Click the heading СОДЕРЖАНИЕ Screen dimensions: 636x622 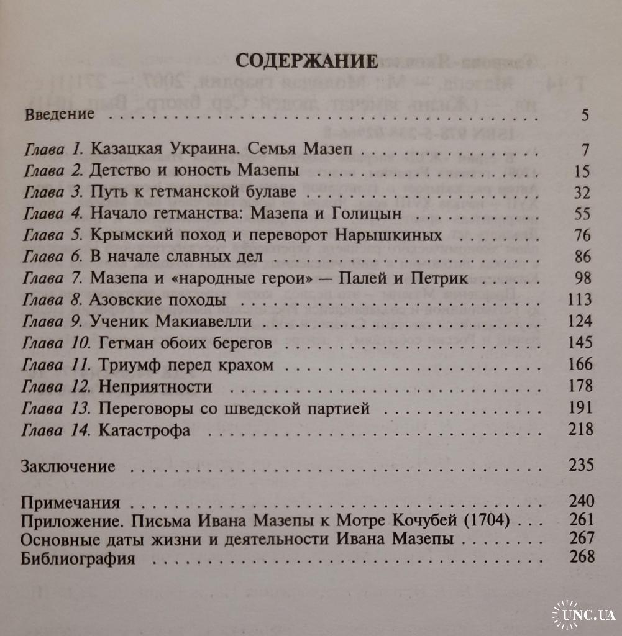pos(307,61)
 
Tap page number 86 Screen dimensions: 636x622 pos(582,257)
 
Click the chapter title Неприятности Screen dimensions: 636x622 pos(155,387)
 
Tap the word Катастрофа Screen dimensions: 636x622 pos(144,430)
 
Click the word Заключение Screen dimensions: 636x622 pos(68,465)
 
